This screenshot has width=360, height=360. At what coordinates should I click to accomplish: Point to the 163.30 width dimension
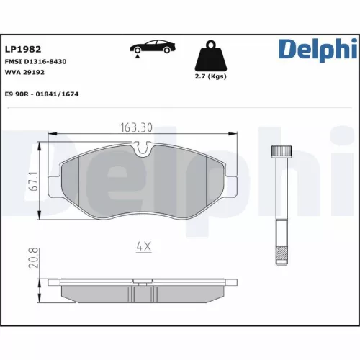coord(135,128)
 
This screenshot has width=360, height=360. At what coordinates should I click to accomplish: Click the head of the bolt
coord(280,153)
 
